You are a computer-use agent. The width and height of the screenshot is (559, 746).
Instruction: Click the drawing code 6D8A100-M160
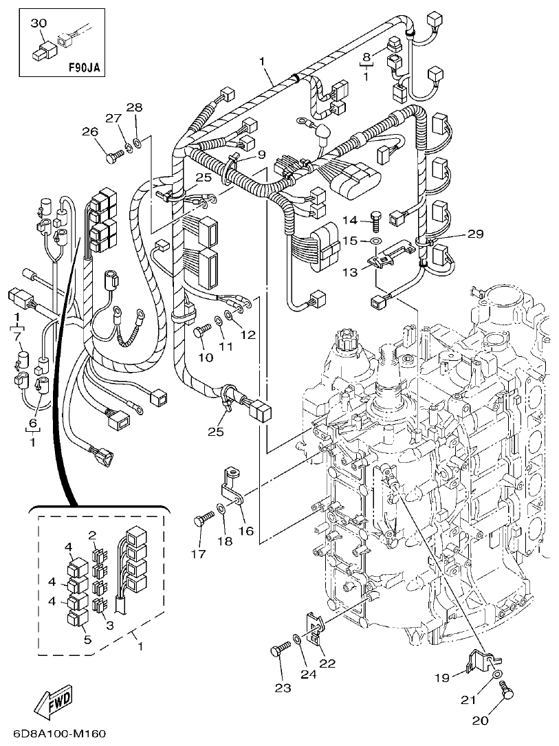[54, 734]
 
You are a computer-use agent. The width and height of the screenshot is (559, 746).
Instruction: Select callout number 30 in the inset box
[39, 23]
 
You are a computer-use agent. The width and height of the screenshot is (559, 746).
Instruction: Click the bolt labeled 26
[113, 157]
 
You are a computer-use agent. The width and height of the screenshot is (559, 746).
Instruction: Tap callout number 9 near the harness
[261, 155]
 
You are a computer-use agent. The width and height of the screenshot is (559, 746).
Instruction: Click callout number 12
[248, 335]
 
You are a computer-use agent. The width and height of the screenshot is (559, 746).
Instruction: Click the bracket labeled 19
[481, 661]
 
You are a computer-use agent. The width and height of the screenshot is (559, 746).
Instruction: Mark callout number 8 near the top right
[366, 56]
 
